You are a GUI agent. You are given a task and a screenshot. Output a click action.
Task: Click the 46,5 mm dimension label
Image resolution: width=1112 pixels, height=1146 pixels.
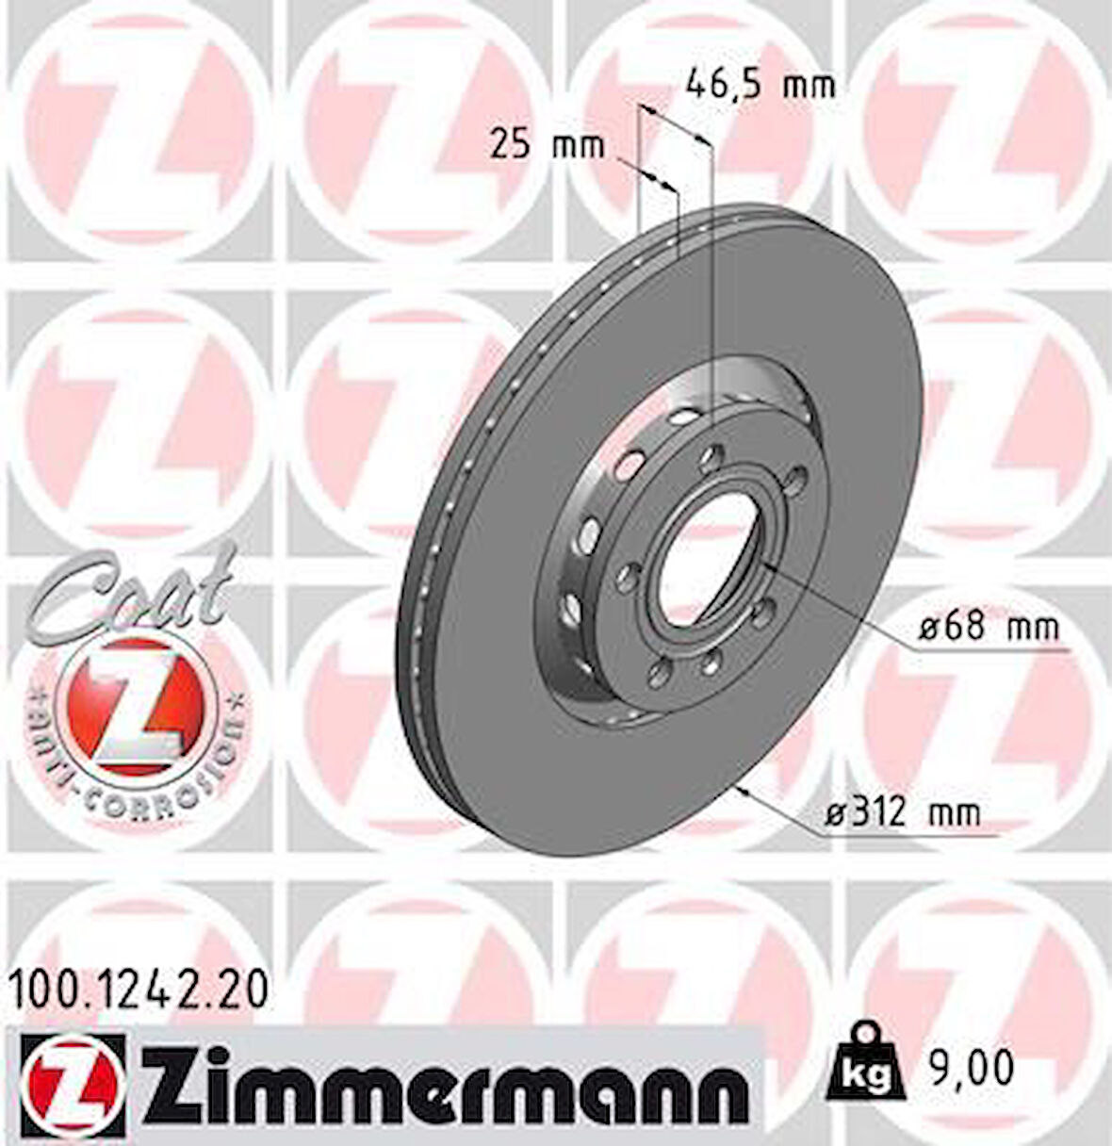(x=760, y=86)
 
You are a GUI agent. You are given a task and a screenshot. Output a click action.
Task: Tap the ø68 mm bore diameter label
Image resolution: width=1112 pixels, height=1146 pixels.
(x=989, y=626)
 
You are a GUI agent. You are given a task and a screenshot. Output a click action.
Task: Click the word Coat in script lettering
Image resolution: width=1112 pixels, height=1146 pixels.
(x=123, y=590)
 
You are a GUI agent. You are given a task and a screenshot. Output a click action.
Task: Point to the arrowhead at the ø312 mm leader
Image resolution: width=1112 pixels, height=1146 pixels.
(x=744, y=788)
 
